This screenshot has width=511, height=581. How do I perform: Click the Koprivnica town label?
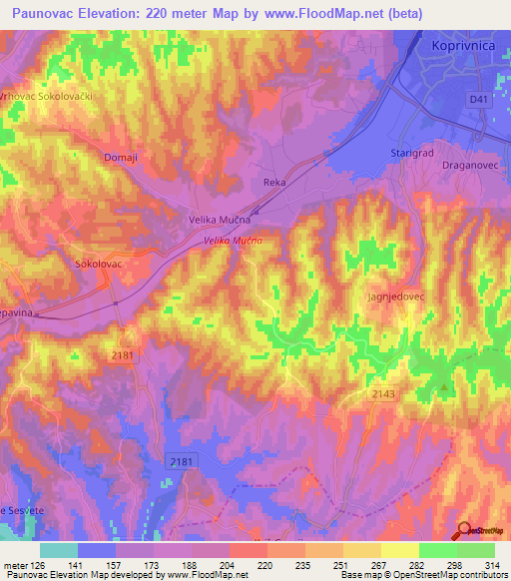[x=463, y=47]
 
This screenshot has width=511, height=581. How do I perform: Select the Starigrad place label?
[x=408, y=153]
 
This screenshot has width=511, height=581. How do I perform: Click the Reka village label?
[x=274, y=183]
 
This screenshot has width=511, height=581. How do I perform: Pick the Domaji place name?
[x=120, y=157]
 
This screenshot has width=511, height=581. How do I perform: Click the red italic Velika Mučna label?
[x=234, y=242]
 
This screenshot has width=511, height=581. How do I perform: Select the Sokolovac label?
[x=99, y=266]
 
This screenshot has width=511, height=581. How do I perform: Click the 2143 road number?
[x=383, y=394]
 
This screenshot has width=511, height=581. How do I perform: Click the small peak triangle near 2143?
[x=444, y=386]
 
